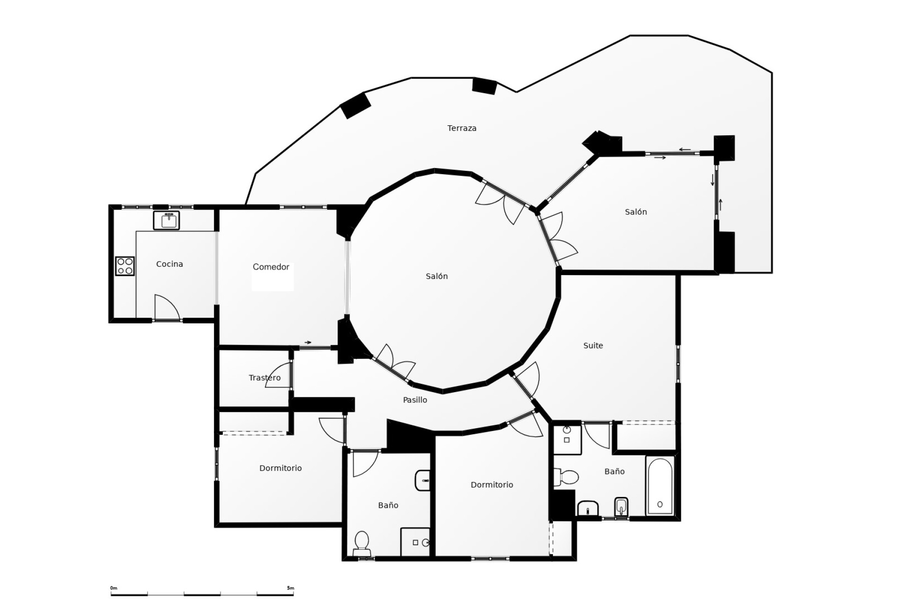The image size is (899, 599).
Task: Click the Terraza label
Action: tap(462, 128)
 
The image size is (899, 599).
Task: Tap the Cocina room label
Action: tap(169, 264)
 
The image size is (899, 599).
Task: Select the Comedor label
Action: tap(271, 267)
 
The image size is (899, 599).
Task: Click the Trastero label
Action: tap(265, 378)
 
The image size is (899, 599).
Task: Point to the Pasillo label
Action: tap(415, 400)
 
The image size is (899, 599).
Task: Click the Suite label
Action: tap(593, 346)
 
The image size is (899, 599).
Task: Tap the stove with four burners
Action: tap(125, 266)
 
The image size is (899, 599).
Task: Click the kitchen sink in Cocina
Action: tap(166, 220)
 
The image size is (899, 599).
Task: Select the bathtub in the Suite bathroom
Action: tap(660, 486)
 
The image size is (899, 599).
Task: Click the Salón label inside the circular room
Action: tap(436, 277)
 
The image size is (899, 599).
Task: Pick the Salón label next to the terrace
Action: tap(635, 212)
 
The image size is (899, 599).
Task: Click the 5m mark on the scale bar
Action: tap(290, 588)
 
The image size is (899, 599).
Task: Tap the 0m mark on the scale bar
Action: tap(114, 588)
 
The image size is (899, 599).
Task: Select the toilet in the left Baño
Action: tap(362, 542)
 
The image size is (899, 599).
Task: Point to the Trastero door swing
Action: tap(280, 376)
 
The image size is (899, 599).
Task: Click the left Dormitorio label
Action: tap(280, 468)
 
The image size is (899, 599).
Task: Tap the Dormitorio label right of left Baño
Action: tap(492, 485)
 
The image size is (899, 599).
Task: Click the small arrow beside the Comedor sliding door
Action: tap(308, 343)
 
